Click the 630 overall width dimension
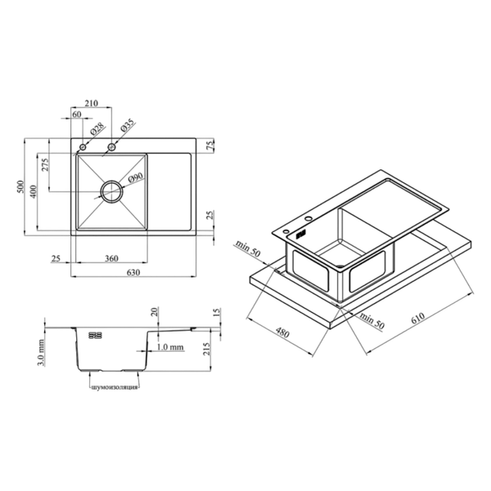133,273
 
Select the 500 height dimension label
20,187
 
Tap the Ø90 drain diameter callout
136,178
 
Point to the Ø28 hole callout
97,129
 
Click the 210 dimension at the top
91,103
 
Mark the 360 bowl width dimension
111,259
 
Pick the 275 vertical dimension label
45,164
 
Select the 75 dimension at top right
210,145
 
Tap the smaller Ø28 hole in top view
83,146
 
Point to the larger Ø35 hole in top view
111,146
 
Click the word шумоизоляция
115,388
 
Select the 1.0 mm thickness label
170,347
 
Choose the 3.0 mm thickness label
41,353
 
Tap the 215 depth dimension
206,349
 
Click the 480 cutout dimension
282,332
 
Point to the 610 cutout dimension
418,318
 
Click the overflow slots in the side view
95,336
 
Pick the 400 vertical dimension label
33,191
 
